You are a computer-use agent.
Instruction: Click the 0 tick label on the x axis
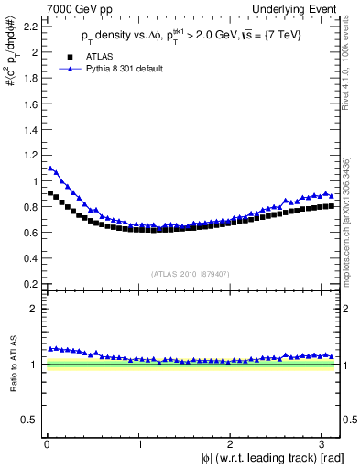pyautogui.click(x=46, y=442)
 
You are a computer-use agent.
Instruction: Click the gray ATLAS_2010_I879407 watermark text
pyautogui.click(x=191, y=272)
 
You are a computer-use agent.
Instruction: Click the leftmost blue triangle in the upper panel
pyautogui.click(x=50, y=168)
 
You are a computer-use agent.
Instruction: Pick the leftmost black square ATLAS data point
pyautogui.click(x=50, y=192)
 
